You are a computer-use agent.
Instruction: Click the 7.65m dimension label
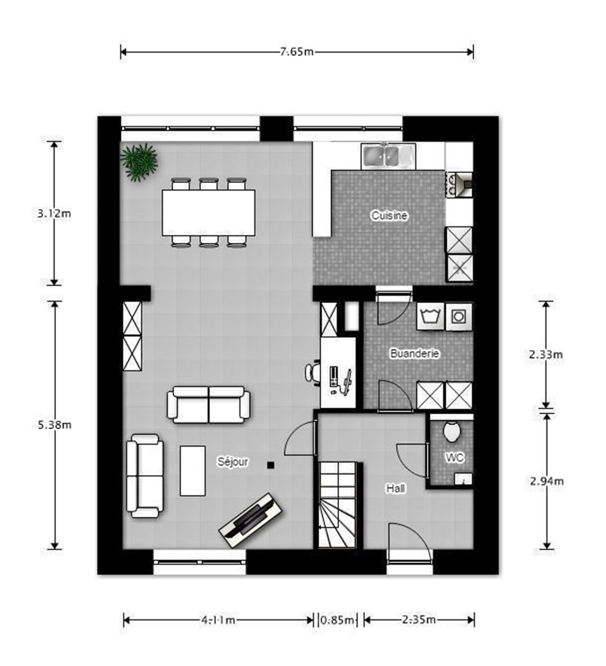(x=297, y=52)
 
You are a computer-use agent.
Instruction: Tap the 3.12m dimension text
(x=54, y=213)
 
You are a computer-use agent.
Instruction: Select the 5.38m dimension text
(x=54, y=424)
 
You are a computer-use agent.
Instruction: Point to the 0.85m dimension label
(x=337, y=620)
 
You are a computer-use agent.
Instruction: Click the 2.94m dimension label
(x=546, y=481)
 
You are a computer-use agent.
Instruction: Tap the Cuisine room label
(x=389, y=215)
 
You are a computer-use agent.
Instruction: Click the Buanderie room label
(x=415, y=353)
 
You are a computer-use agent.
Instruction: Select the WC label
(x=454, y=458)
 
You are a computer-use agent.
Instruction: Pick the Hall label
(x=395, y=488)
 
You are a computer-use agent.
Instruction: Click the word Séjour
(x=233, y=462)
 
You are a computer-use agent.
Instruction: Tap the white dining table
(x=208, y=213)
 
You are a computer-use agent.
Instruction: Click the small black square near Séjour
(x=271, y=465)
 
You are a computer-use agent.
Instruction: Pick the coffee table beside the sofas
(x=193, y=471)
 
